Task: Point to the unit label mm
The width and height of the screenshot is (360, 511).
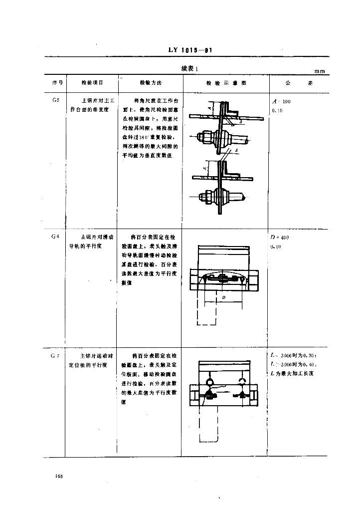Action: pyautogui.click(x=319, y=71)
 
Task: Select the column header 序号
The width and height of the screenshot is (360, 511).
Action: pyautogui.click(x=56, y=83)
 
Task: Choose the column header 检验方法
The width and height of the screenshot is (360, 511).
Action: pyautogui.click(x=151, y=83)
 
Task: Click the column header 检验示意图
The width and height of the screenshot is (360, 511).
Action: pyautogui.click(x=226, y=83)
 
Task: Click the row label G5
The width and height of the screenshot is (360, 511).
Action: pyautogui.click(x=56, y=100)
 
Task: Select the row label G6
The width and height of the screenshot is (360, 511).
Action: pyautogui.click(x=55, y=237)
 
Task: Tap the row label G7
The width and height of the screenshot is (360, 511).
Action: pyautogui.click(x=55, y=356)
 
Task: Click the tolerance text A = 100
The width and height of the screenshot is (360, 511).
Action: pyautogui.click(x=282, y=101)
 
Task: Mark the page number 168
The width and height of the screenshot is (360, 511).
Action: pyautogui.click(x=59, y=477)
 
